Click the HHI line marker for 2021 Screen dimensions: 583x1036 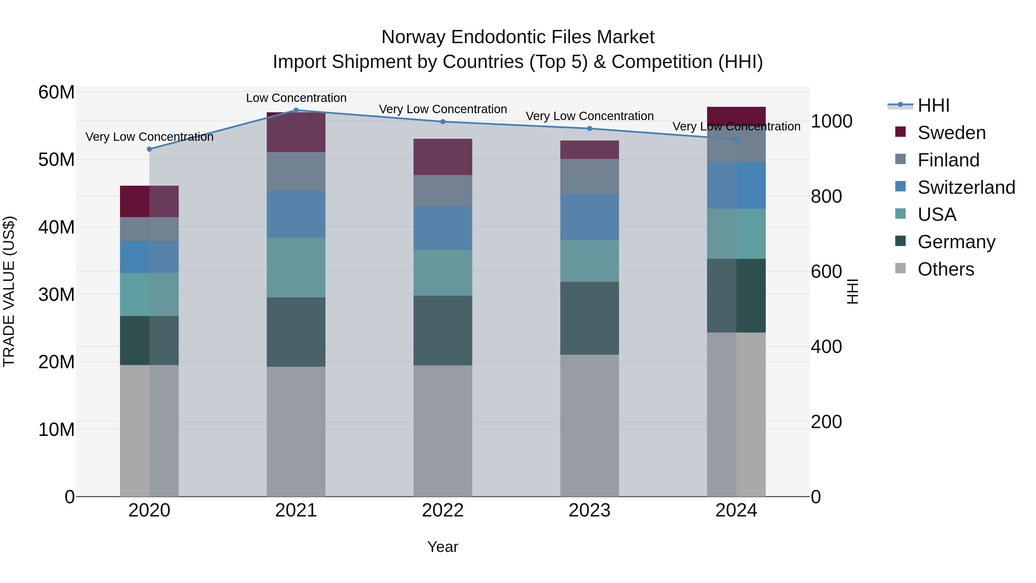(x=296, y=110)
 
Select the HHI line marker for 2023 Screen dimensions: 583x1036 (x=590, y=129)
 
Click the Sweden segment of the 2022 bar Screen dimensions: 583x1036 (x=443, y=157)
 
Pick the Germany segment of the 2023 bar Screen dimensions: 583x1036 (x=590, y=318)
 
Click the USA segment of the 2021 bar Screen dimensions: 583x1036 (x=296, y=267)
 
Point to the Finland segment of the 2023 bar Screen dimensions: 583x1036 (x=590, y=177)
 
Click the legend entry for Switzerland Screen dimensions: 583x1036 (x=966, y=187)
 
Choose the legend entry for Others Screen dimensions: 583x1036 (x=946, y=269)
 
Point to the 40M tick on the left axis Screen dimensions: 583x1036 (x=56, y=227)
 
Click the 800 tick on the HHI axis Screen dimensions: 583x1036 (x=826, y=197)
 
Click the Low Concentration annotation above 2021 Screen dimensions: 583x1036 (x=296, y=98)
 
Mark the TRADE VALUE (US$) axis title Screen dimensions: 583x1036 (x=9, y=291)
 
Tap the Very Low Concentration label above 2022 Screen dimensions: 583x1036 (x=443, y=109)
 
